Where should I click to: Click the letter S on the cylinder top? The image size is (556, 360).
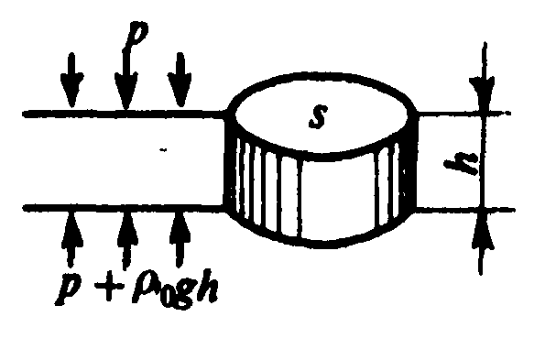(317, 116)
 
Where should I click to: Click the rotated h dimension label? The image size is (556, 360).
(462, 163)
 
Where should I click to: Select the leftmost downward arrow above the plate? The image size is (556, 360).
(72, 80)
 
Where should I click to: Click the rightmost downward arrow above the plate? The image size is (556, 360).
(180, 80)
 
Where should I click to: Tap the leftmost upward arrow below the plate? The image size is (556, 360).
(72, 238)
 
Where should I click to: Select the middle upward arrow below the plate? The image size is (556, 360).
(126, 240)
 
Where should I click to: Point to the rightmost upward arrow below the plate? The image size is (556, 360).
(180, 238)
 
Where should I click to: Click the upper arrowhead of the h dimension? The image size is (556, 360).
(482, 93)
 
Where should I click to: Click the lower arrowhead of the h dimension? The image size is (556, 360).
(483, 230)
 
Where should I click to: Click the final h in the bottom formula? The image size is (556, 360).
(207, 287)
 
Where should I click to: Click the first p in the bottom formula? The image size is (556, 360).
(70, 289)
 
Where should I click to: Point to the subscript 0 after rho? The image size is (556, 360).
(163, 298)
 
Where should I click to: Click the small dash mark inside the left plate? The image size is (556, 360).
(163, 150)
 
